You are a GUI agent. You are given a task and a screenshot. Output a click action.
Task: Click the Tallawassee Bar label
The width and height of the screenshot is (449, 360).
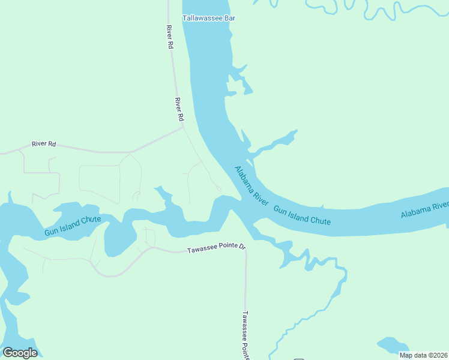pyautogui.click(x=209, y=18)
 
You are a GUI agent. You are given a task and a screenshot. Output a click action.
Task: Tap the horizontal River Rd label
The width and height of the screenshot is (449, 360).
pyautogui.click(x=44, y=144)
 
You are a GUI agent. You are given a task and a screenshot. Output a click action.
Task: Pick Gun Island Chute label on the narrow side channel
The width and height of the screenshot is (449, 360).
pyautogui.click(x=73, y=226)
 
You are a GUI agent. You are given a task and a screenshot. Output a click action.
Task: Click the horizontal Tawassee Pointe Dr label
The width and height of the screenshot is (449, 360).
pyautogui.click(x=217, y=248)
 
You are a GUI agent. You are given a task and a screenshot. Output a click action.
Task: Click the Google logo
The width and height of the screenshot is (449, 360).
pyautogui.click(x=20, y=353)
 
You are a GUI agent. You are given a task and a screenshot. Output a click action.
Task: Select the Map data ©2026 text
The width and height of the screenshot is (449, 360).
pyautogui.click(x=423, y=355)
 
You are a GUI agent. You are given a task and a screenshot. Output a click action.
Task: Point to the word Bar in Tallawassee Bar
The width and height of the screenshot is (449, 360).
pyautogui.click(x=229, y=18)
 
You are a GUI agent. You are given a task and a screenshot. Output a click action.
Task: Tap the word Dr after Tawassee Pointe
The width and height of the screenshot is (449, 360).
pyautogui.click(x=243, y=247)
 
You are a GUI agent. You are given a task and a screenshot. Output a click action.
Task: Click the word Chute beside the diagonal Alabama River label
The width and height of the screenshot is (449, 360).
pyautogui.click(x=320, y=220)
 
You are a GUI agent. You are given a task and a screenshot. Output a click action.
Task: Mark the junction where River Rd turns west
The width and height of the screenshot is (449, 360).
pyautogui.click(x=183, y=127)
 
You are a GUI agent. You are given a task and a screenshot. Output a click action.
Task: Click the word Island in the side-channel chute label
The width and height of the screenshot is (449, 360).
pyautogui.click(x=72, y=227)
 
